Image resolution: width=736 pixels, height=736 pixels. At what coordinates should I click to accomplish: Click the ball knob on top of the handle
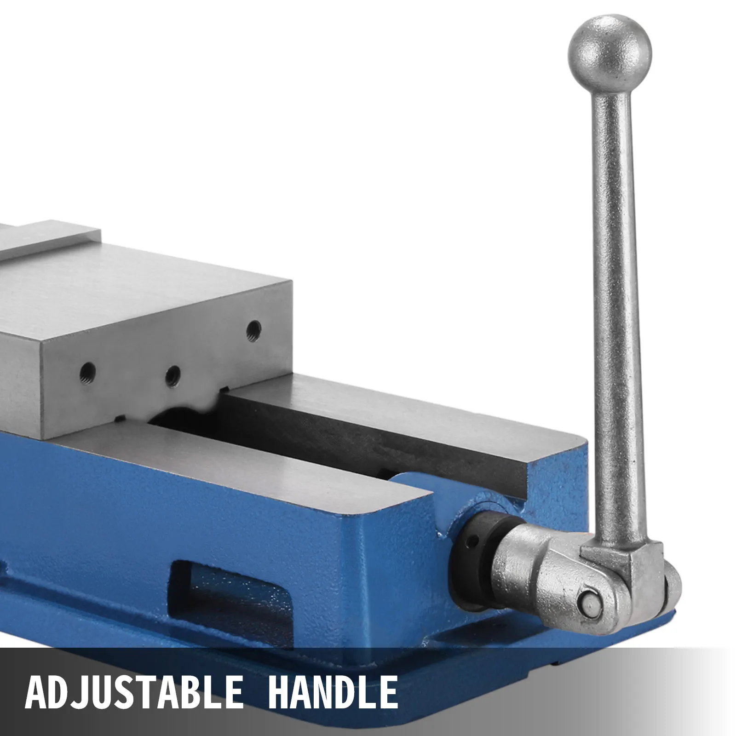coord(610,48)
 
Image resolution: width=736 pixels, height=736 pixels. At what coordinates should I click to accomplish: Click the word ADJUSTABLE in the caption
coord(133,690)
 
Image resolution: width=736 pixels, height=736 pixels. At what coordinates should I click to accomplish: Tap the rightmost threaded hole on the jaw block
coord(253,329)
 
